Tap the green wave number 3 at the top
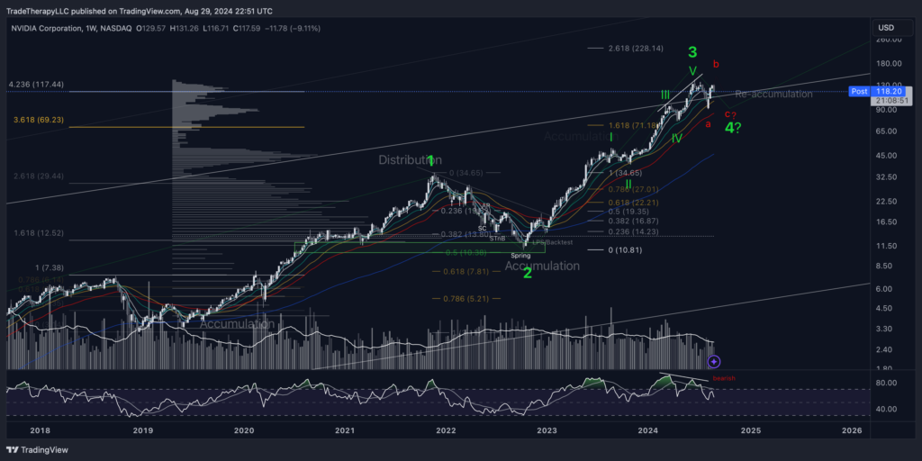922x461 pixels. [x=692, y=51]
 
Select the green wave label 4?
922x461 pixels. [x=734, y=127]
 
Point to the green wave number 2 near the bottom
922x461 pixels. [x=528, y=272]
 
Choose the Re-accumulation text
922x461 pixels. [x=773, y=94]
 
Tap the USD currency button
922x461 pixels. [x=885, y=28]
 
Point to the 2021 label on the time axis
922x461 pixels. [x=345, y=430]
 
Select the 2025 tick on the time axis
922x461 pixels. [x=750, y=430]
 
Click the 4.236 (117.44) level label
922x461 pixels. [x=35, y=84]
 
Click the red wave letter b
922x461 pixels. [x=716, y=64]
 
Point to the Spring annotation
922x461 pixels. [x=520, y=256]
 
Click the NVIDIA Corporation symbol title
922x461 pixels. [x=52, y=28]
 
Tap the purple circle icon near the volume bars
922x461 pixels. [x=714, y=361]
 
